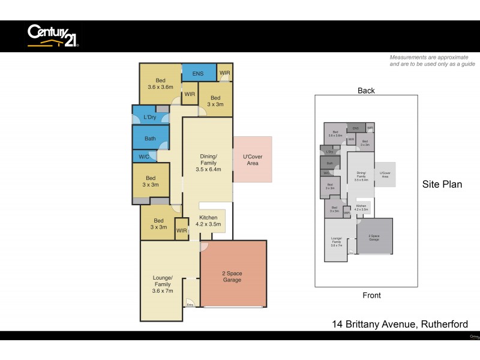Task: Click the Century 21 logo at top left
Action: (53, 35)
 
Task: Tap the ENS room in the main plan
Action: (198, 74)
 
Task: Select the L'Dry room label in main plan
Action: (151, 117)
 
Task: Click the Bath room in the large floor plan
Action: (150, 139)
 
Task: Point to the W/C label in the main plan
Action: (144, 157)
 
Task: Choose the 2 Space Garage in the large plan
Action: (233, 277)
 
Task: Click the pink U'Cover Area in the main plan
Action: (252, 160)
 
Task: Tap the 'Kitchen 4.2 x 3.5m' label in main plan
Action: (208, 221)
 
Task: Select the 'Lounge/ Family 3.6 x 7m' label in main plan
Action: (163, 284)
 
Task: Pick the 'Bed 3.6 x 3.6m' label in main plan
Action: (160, 83)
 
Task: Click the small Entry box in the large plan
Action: (190, 304)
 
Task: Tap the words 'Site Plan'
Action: (442, 184)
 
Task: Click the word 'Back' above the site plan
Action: (366, 91)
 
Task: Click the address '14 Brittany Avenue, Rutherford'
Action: (400, 325)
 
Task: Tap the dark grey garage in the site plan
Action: (374, 236)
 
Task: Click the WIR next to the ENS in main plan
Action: (225, 73)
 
